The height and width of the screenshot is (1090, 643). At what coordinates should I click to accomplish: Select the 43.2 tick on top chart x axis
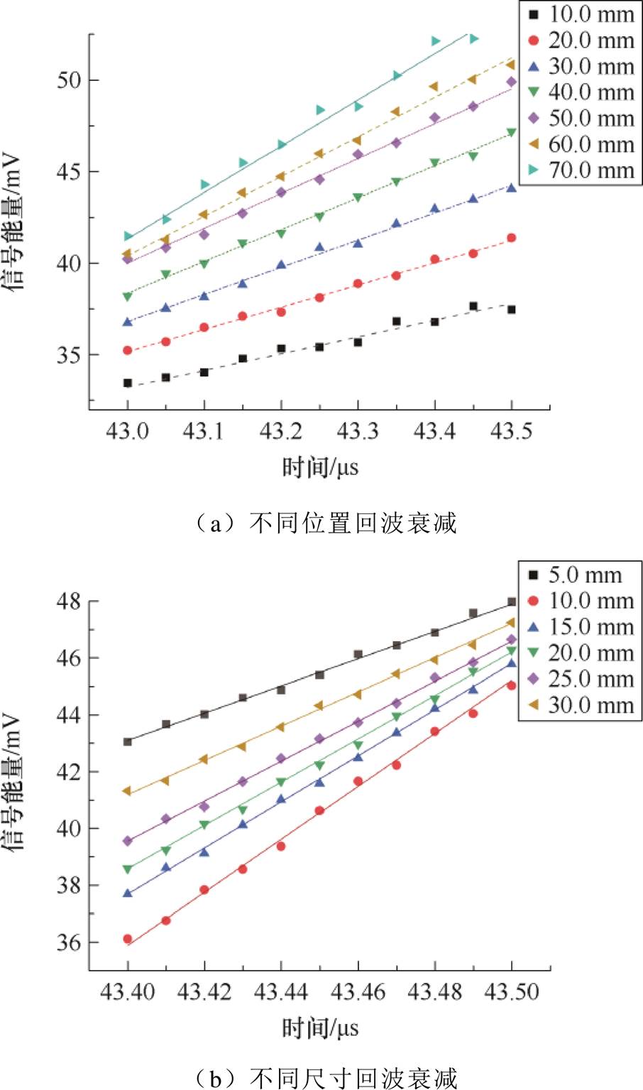[281, 431]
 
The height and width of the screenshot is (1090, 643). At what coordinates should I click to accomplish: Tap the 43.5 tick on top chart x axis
[511, 431]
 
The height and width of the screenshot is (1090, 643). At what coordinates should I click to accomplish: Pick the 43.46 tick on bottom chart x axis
[358, 991]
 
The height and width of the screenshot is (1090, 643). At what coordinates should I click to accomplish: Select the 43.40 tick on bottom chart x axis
[128, 991]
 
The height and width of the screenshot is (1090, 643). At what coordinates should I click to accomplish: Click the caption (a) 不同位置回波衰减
[325, 523]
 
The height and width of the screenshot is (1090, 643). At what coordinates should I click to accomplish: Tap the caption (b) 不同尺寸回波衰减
[325, 1078]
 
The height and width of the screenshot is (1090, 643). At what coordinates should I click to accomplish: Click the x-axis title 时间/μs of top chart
[320, 467]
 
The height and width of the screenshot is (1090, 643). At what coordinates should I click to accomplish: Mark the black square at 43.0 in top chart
[128, 383]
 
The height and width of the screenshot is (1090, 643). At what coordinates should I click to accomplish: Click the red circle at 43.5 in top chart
[511, 238]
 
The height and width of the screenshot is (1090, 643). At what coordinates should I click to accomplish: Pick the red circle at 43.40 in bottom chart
[128, 939]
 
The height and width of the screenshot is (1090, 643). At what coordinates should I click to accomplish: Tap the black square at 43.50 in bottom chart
[511, 602]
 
